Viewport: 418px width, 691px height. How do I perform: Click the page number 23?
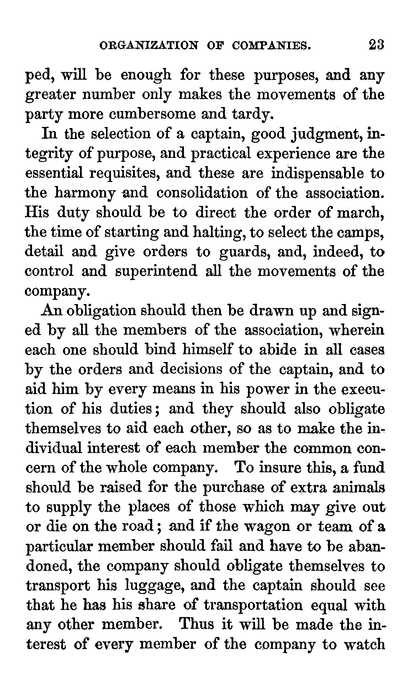pos(371,46)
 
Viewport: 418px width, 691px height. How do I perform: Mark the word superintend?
pos(157,272)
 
